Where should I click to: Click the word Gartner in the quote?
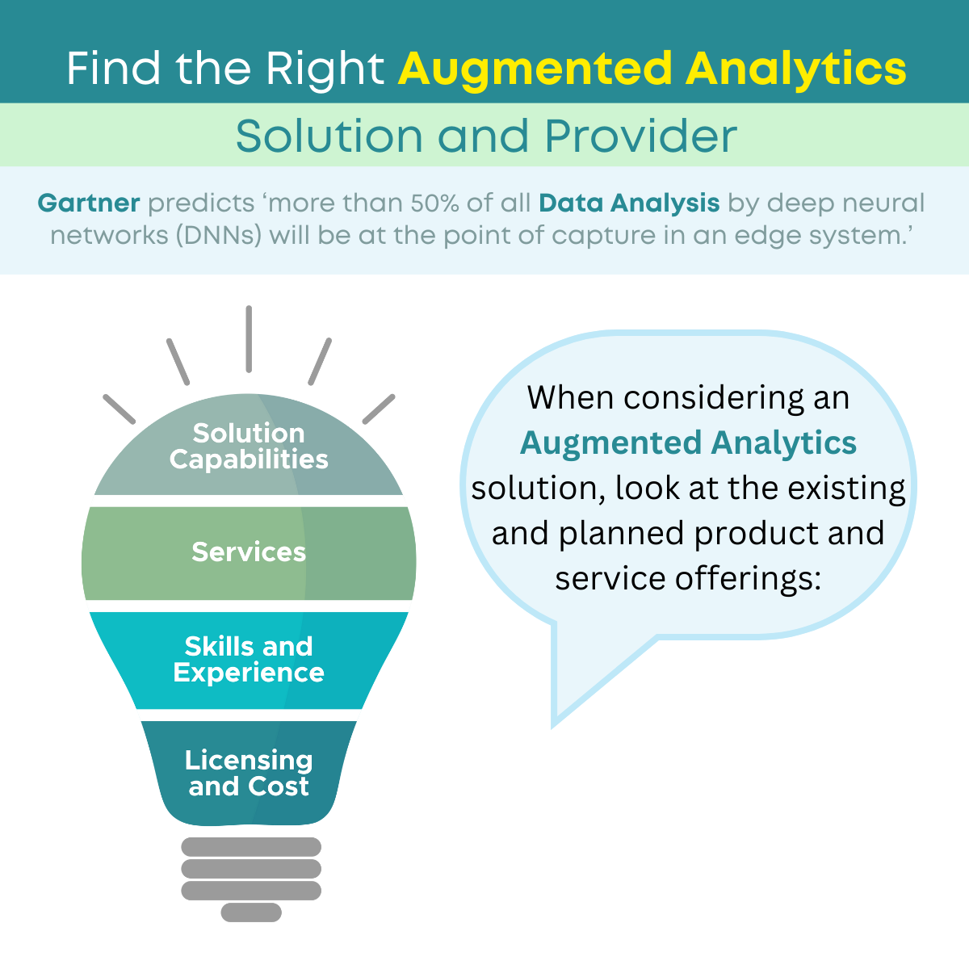coord(89,203)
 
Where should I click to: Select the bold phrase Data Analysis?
coord(629,203)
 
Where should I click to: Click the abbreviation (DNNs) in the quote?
coord(219,235)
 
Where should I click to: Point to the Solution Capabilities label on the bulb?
coord(249,446)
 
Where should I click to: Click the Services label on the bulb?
coord(249,552)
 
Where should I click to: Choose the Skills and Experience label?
coord(249,659)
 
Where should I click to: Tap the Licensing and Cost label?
coord(249,773)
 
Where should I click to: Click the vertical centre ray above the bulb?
coord(249,339)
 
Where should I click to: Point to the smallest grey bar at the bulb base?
coord(251,912)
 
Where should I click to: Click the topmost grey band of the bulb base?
coord(251,847)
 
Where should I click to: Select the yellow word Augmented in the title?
coord(535,70)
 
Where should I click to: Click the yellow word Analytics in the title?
coord(796,70)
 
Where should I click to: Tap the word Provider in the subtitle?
coord(641,136)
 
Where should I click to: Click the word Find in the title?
coord(114,68)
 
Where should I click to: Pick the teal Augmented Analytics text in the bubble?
coord(688,444)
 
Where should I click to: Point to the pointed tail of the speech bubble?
coord(553,726)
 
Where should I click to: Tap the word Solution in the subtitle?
coord(329,136)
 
